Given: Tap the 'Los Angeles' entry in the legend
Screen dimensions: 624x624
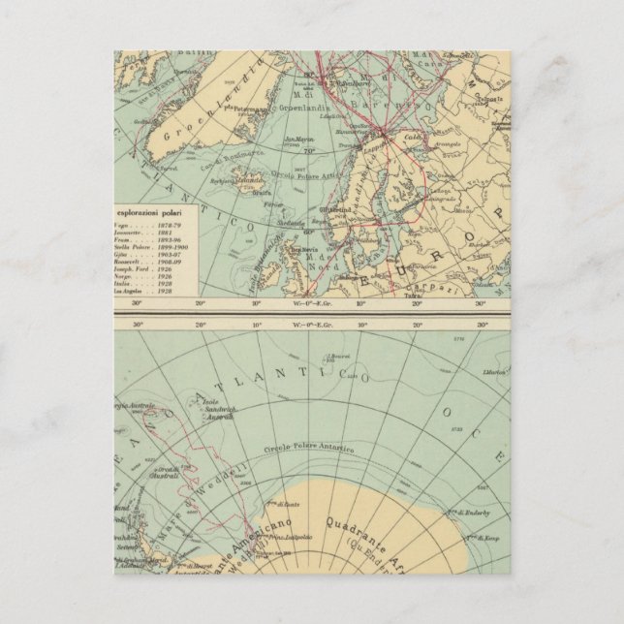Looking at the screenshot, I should [134, 291].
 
